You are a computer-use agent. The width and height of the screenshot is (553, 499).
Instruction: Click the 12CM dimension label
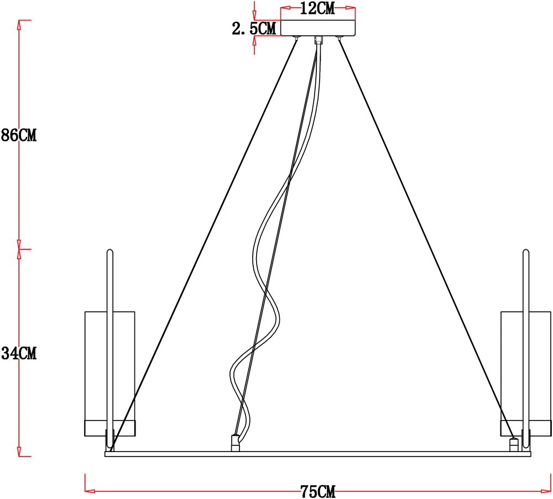(x=317, y=8)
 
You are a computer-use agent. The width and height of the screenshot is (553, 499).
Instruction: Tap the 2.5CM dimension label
(x=254, y=28)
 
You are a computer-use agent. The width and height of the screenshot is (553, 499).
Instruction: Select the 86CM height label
(x=19, y=135)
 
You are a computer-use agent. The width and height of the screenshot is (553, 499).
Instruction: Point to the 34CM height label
(x=19, y=353)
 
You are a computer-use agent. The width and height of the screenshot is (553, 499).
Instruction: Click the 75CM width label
(x=318, y=491)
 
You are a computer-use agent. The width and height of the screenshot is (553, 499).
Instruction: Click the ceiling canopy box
(x=318, y=28)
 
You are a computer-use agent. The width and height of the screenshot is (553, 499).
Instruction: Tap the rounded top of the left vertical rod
(x=109, y=251)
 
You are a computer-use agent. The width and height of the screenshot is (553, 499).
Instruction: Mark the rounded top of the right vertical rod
(x=526, y=251)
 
